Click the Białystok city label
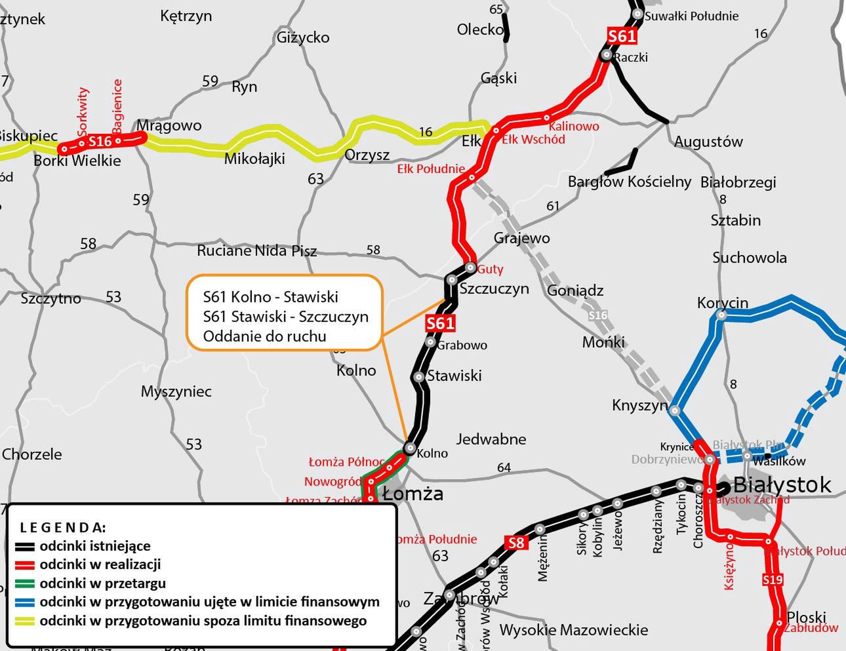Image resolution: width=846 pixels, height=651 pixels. pos(782,485)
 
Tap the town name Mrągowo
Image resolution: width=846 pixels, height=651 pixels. pos(169,125)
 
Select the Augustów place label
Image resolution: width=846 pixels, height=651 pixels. pos(708,142)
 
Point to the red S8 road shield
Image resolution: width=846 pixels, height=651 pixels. pos(517,543)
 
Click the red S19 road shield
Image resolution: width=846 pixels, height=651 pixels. pos(773,580)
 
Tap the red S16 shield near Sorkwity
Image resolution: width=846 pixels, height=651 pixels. pos(100,141)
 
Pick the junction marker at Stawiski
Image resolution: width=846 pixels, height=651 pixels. pos(418,377)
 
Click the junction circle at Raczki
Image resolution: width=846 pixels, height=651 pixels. pos(607,56)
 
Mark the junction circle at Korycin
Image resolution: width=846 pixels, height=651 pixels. pos(721,315)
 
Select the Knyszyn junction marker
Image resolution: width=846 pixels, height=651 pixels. pos(675,411)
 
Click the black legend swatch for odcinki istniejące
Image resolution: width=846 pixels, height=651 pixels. pos(25,547)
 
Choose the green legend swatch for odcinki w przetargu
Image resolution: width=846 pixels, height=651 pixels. pos(25,583)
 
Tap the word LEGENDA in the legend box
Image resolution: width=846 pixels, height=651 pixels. pos(62,527)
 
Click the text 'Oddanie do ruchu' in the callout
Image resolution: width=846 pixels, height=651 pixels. pos(264,336)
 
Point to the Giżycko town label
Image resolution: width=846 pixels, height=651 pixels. pos(303,37)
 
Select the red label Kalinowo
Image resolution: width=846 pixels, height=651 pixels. pos(574,126)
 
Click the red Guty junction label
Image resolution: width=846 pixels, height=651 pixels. pos(490,269)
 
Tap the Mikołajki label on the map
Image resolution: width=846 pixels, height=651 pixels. pos(254,158)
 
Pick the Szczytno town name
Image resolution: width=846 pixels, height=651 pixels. pos(50,298)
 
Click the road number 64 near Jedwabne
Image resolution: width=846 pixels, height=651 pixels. pos(504,467)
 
